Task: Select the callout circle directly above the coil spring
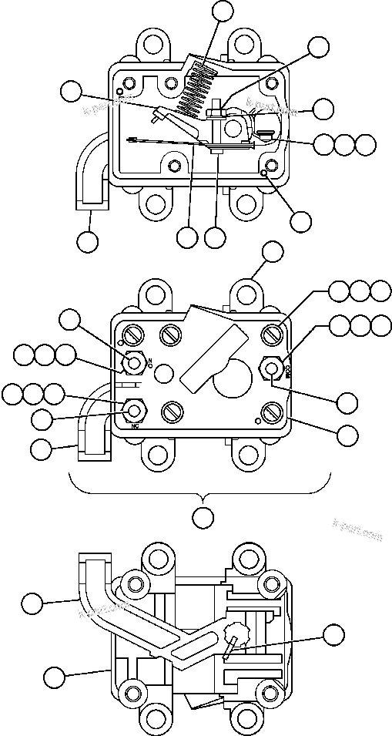(x=223, y=10)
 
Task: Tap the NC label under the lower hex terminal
(x=136, y=425)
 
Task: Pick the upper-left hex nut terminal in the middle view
(x=136, y=363)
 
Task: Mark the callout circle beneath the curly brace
(x=203, y=517)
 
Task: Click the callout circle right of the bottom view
(x=333, y=634)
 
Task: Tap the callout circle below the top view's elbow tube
(x=89, y=241)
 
